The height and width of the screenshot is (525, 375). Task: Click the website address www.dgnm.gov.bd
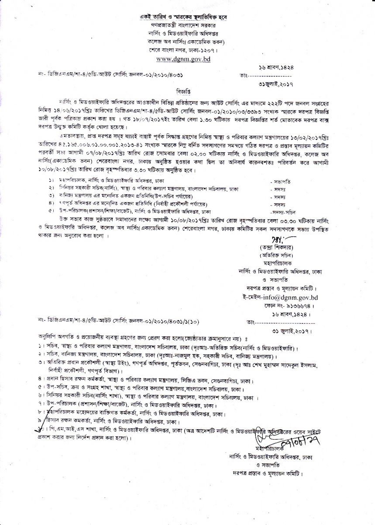pyautogui.click(x=183, y=58)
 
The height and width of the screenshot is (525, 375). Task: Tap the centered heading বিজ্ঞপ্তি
pyautogui.click(x=183, y=93)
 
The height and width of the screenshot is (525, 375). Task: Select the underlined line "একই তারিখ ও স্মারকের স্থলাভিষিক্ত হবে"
pyautogui.click(x=183, y=17)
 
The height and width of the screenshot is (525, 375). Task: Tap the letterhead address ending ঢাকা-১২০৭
pyautogui.click(x=183, y=50)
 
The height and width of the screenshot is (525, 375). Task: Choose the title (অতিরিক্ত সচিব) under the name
pyautogui.click(x=276, y=255)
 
